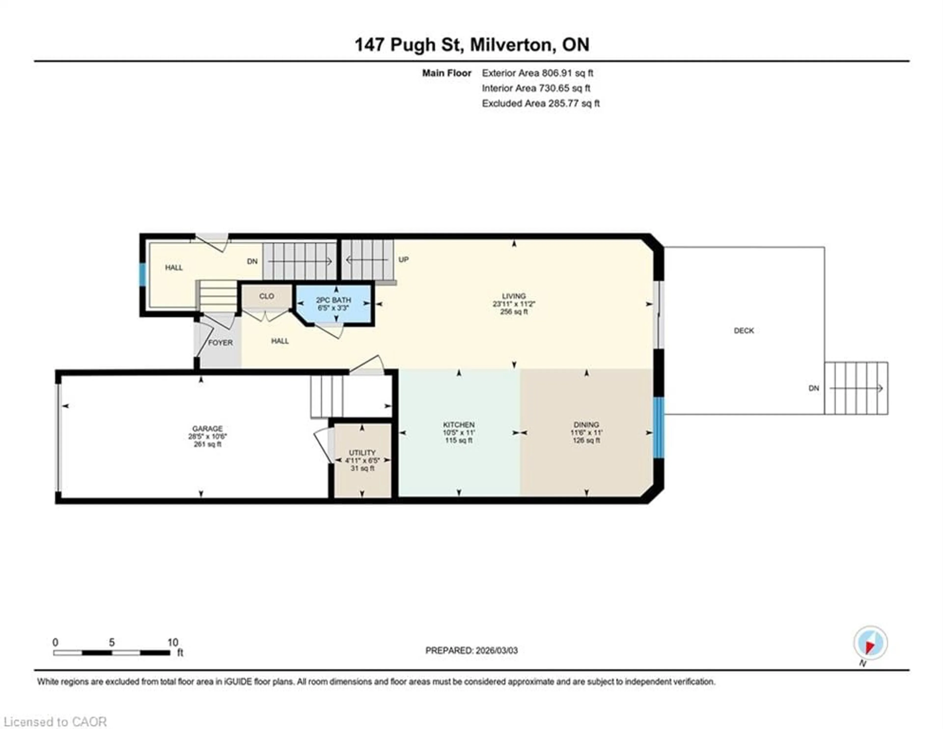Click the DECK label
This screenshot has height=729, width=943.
tap(744, 331)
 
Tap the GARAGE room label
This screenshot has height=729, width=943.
tap(207, 429)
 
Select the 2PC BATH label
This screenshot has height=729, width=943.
tap(333, 300)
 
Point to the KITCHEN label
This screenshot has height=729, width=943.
tap(458, 425)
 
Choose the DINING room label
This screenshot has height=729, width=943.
tap(586, 425)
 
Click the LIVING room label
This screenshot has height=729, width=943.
tap(513, 296)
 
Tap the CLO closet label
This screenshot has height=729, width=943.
tap(266, 296)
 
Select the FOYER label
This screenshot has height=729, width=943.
tap(220, 343)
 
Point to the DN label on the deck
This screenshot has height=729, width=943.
tap(814, 389)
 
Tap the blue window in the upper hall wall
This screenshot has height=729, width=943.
tap(142, 274)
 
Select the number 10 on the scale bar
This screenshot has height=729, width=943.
tap(173, 642)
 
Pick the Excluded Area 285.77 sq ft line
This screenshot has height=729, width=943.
tap(541, 103)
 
